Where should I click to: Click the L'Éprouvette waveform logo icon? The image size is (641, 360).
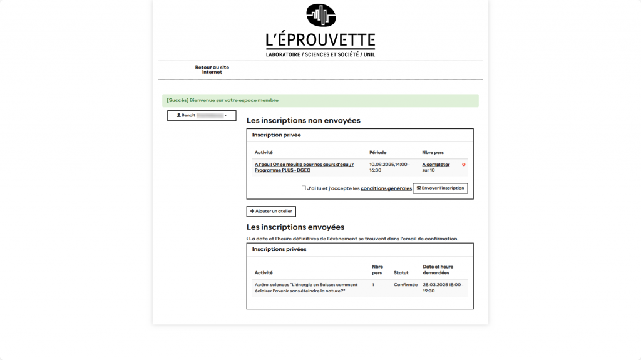click(320, 15)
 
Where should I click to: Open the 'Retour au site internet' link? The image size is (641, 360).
click(212, 69)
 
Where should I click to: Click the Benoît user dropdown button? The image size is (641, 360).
click(202, 115)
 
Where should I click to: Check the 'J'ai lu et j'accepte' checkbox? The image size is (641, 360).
click(304, 188)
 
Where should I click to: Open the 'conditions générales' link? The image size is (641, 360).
click(386, 188)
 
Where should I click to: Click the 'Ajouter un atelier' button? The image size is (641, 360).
click(271, 212)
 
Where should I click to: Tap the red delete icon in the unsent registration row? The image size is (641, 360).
click(464, 165)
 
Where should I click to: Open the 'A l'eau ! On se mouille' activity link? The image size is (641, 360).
click(304, 167)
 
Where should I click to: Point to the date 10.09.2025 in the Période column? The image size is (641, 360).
click(382, 165)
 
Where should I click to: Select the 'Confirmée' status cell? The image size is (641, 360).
click(405, 285)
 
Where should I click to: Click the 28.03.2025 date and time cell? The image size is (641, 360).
click(443, 287)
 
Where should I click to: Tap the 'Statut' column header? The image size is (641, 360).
click(401, 273)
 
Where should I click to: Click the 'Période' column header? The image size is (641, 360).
click(377, 152)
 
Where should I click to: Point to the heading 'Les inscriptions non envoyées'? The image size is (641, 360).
click(304, 120)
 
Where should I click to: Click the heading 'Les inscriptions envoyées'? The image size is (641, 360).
click(295, 227)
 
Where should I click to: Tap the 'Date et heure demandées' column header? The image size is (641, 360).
click(438, 270)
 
